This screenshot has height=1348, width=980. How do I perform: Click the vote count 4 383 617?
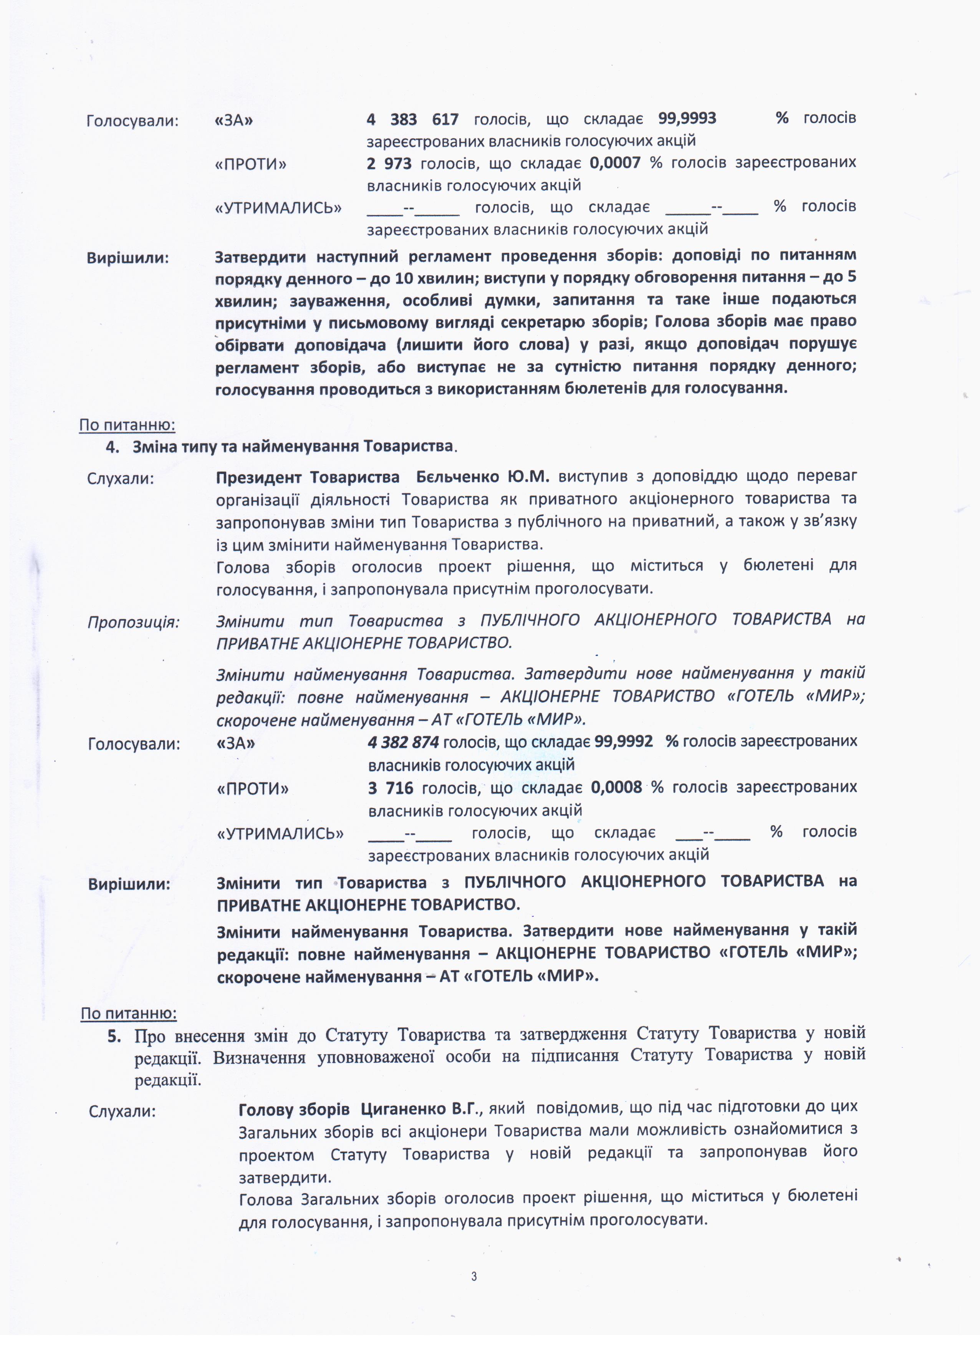click(x=412, y=119)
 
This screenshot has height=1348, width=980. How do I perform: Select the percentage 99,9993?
click(x=687, y=118)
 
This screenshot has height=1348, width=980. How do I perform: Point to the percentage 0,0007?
click(x=615, y=162)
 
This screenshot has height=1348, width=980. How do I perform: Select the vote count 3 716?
click(x=391, y=788)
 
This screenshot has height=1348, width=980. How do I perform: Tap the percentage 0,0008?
click(x=616, y=788)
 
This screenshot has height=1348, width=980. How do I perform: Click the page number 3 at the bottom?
click(x=473, y=1276)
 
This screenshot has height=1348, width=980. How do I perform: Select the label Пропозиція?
click(x=134, y=622)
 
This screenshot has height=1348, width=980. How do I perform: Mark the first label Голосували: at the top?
click(x=132, y=121)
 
